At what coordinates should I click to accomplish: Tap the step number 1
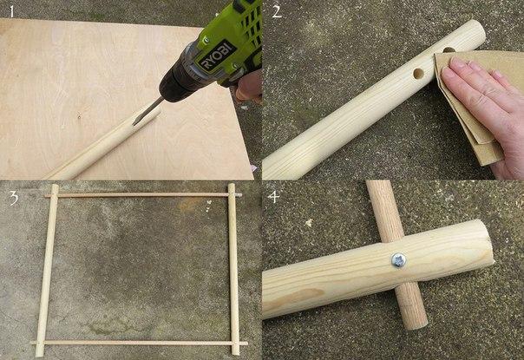[12, 12]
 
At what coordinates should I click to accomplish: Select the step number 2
[277, 12]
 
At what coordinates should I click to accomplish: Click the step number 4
[273, 197]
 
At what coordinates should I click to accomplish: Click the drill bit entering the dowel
[147, 111]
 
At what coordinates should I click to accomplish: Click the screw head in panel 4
[399, 260]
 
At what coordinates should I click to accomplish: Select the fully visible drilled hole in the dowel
[418, 73]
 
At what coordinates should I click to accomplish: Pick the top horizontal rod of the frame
[142, 195]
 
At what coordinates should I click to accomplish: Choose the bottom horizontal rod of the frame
[140, 343]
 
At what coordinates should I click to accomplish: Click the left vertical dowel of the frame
[47, 270]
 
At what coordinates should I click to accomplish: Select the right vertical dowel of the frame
[233, 269]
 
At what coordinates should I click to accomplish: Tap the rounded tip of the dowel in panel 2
[477, 32]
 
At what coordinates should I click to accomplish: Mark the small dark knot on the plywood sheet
[79, 116]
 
